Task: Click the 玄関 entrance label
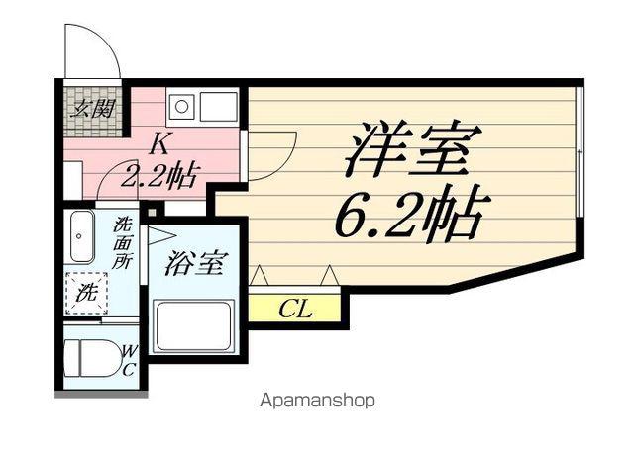92,108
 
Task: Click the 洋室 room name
413,149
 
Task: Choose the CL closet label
295,310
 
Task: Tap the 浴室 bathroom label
197,263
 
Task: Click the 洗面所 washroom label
123,242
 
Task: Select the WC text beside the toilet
129,361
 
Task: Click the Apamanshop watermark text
317,401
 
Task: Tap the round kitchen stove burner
181,107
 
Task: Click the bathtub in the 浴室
194,325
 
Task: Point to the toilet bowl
93,358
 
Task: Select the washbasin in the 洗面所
82,237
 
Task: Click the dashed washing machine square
86,293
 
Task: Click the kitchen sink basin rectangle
218,107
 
